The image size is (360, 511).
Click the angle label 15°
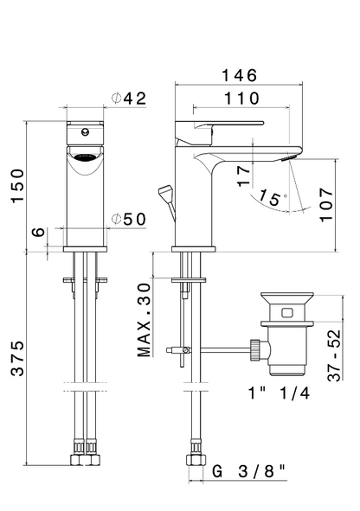(x=270, y=198)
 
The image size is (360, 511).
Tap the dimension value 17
(x=245, y=177)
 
